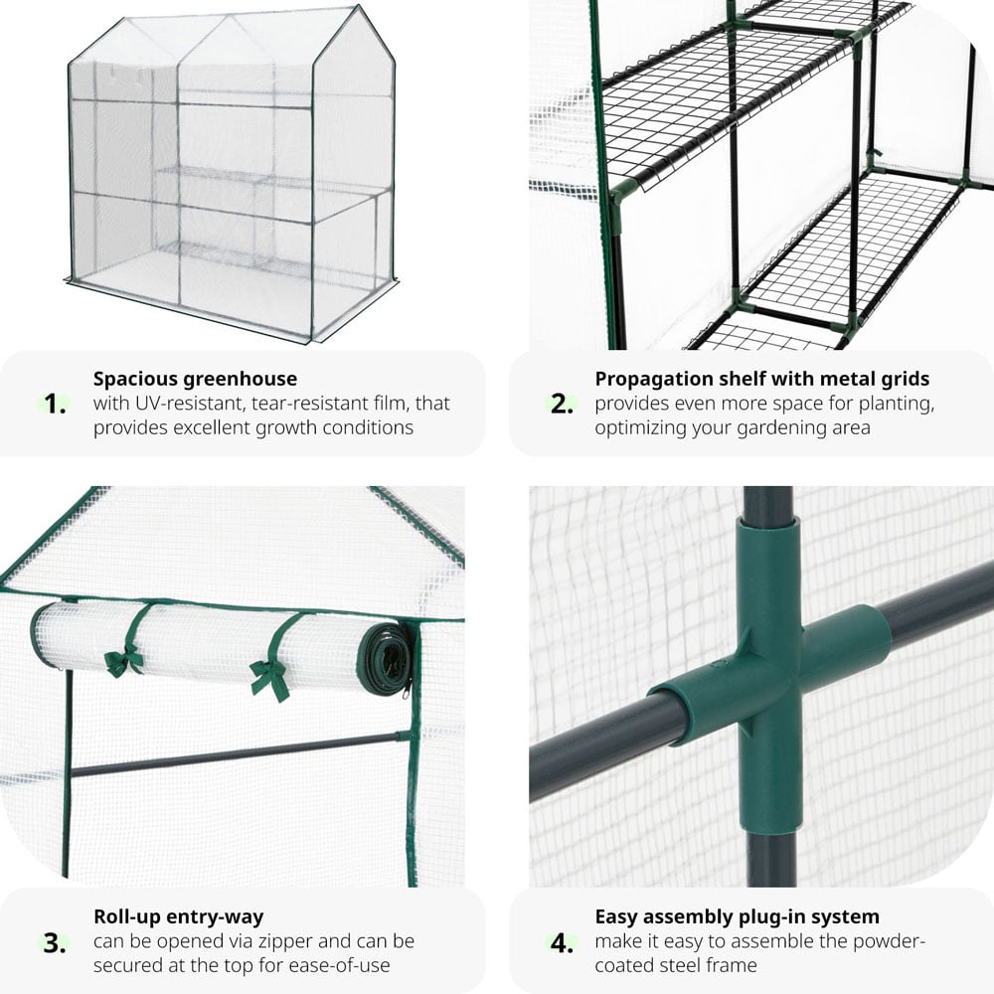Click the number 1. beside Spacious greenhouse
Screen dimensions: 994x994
(x=56, y=405)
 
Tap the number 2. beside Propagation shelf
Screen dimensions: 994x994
(x=563, y=405)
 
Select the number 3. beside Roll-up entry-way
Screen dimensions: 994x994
(x=56, y=941)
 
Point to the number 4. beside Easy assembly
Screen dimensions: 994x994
(x=563, y=941)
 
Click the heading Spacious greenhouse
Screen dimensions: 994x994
(x=195, y=379)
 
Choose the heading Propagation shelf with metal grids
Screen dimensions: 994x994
(x=761, y=379)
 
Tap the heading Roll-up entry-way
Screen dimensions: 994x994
(x=178, y=916)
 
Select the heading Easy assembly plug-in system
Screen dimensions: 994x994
(x=737, y=916)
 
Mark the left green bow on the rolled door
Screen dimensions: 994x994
(x=124, y=660)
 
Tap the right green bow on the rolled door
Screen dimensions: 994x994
(x=269, y=677)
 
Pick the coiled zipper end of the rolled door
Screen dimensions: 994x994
(x=389, y=659)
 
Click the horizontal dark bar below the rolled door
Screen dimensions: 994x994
(x=239, y=753)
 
